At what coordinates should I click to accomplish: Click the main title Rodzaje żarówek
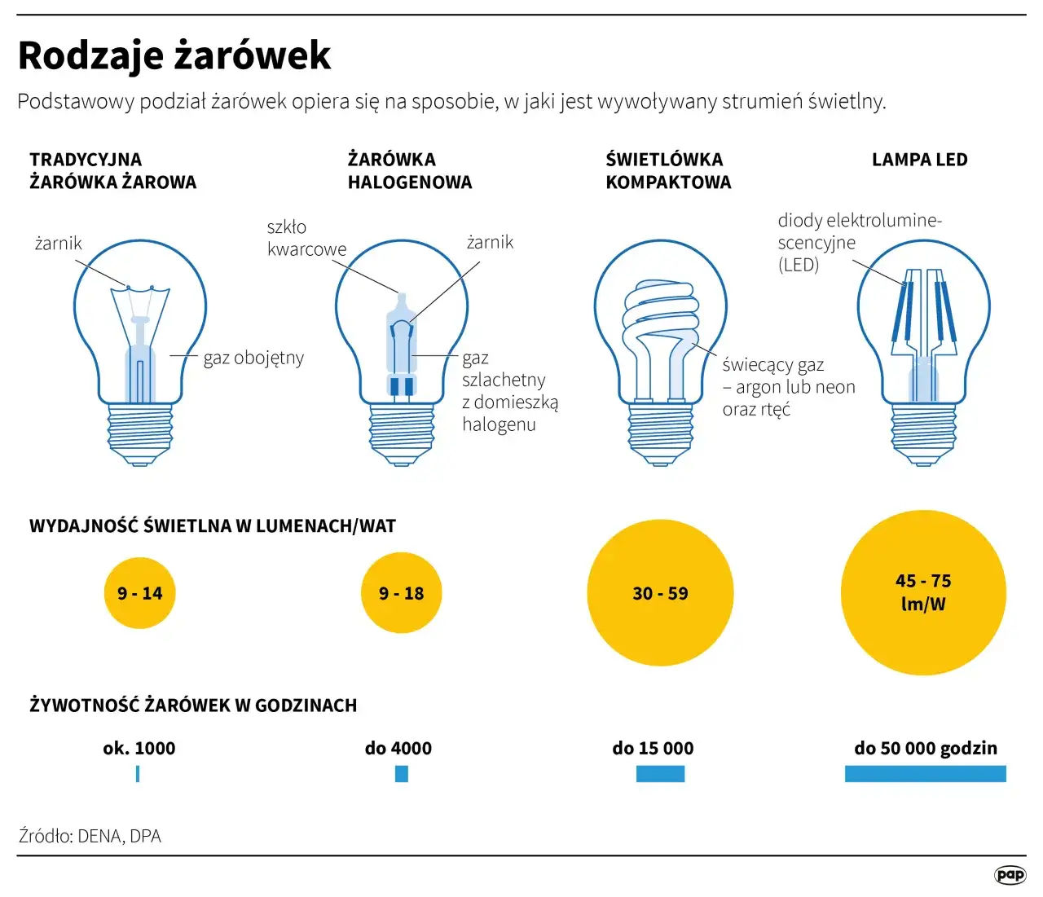pos(174,55)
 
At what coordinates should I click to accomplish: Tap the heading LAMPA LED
pos(919,160)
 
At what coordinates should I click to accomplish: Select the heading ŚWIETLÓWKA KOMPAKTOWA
pos(667,171)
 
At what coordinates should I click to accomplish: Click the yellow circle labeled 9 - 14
pos(140,593)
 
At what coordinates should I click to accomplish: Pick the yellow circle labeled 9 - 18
pos(401,593)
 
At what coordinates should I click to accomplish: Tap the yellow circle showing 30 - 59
pos(660,593)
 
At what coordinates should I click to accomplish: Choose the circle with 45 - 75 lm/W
pos(923,592)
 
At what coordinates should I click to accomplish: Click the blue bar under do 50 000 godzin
pos(925,774)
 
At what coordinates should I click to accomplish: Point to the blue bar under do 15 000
pos(660,774)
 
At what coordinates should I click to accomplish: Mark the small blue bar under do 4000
pos(401,774)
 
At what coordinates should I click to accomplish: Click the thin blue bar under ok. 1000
pos(138,774)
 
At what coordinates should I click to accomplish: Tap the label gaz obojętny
pos(253,358)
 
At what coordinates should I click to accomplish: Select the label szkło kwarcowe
pos(306,238)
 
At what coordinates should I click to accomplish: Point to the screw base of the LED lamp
pos(923,433)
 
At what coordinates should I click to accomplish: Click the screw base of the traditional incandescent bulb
pos(140,433)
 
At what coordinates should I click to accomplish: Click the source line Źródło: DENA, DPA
pos(90,836)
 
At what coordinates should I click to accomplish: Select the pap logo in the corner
pos(1010,874)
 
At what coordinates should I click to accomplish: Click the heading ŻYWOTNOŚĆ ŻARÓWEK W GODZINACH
pos(193,706)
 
